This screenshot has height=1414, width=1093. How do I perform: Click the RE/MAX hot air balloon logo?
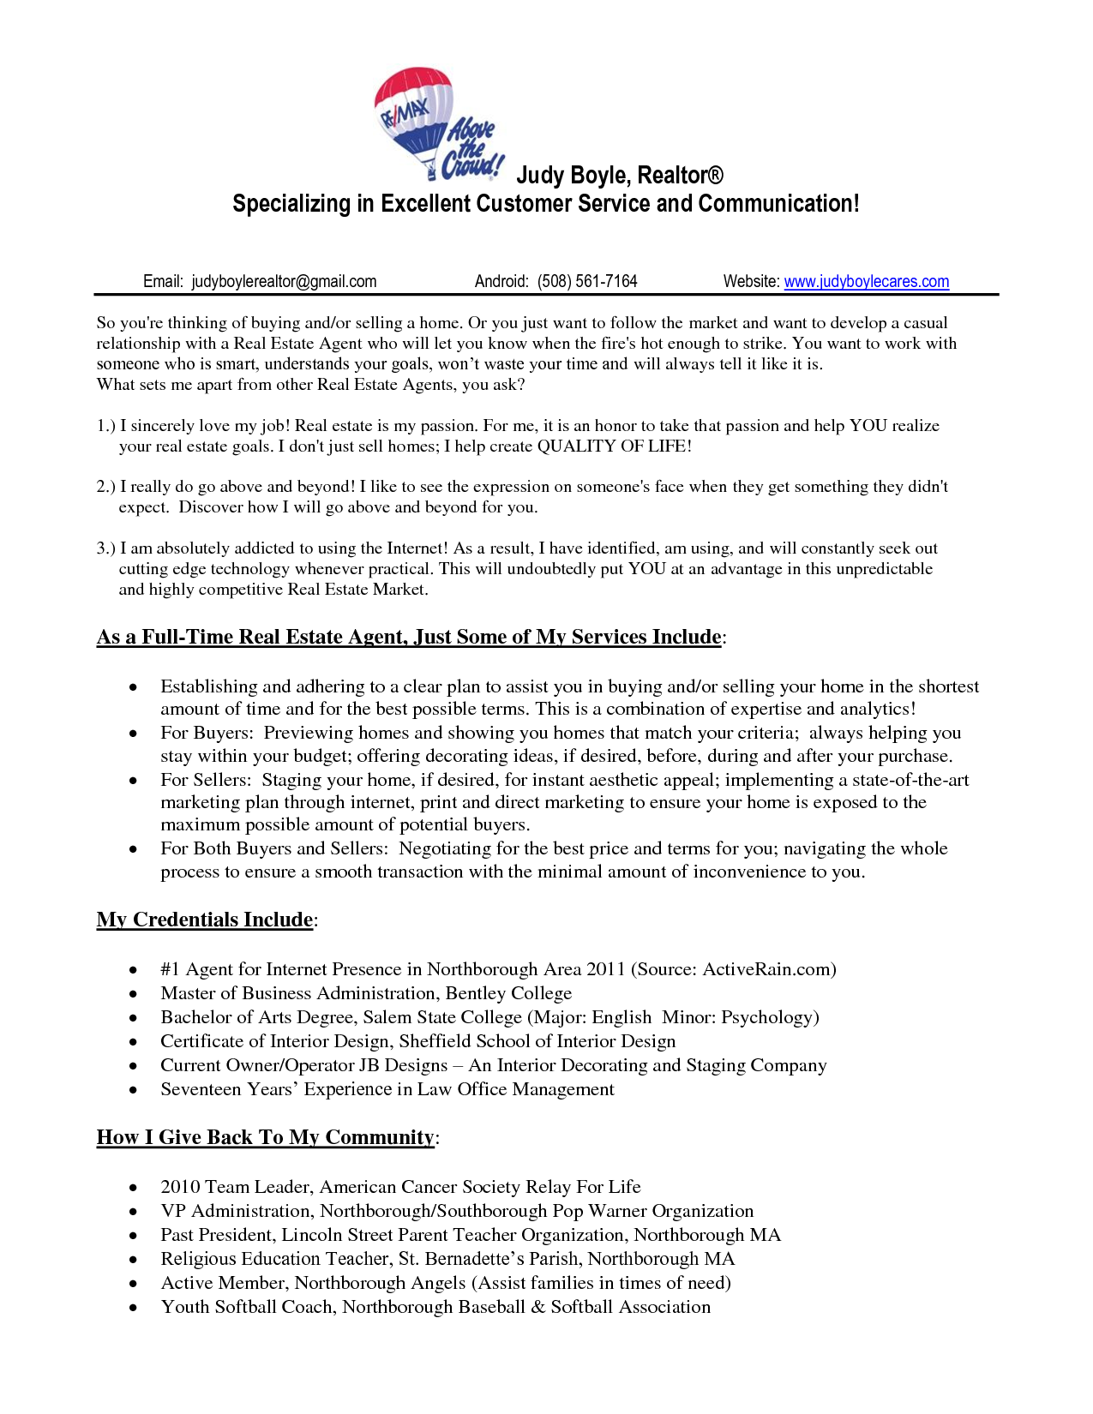coord(414,120)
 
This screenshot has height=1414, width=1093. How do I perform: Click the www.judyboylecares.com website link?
coord(866,281)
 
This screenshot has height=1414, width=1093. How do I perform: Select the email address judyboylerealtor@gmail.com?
coord(284,281)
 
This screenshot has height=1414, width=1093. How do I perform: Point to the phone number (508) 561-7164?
coord(587,281)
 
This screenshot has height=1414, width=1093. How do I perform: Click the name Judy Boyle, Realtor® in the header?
coord(619,175)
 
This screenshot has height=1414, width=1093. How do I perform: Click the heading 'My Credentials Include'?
coord(204,920)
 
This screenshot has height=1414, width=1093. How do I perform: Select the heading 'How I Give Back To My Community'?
coord(265,1137)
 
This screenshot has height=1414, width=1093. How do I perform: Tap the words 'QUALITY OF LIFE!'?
coord(614,446)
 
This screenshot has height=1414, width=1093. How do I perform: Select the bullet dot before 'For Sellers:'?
coord(133,781)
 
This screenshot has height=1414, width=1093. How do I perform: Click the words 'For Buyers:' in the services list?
coord(207,733)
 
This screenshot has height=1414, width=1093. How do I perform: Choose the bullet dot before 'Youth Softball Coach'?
coord(133,1308)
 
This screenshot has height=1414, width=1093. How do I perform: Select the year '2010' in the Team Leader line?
coord(180,1187)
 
